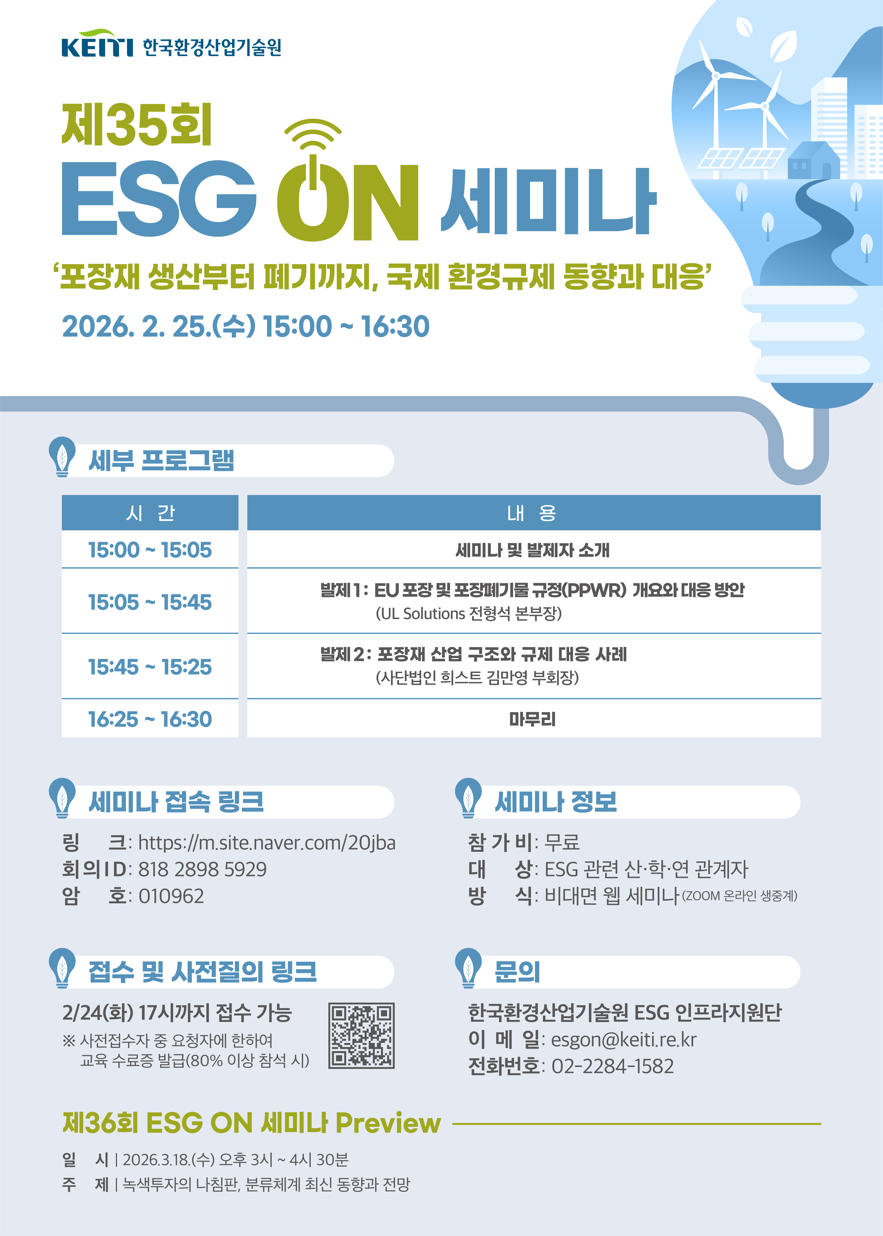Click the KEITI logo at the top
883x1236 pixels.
[97, 45]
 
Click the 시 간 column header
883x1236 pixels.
[150, 513]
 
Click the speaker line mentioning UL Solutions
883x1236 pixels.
[469, 614]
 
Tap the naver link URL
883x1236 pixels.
[266, 843]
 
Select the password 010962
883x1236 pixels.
[171, 896]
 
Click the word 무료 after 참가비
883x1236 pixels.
[562, 843]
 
